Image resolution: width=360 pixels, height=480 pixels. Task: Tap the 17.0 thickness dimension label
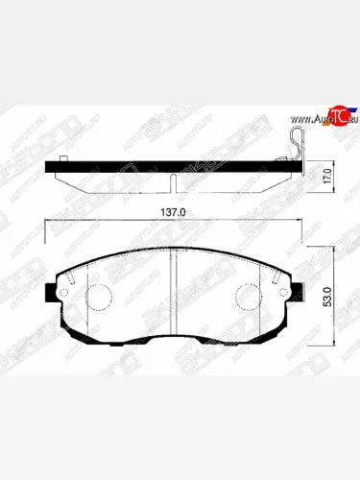[x=328, y=176]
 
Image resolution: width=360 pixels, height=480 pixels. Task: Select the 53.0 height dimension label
[x=328, y=289]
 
